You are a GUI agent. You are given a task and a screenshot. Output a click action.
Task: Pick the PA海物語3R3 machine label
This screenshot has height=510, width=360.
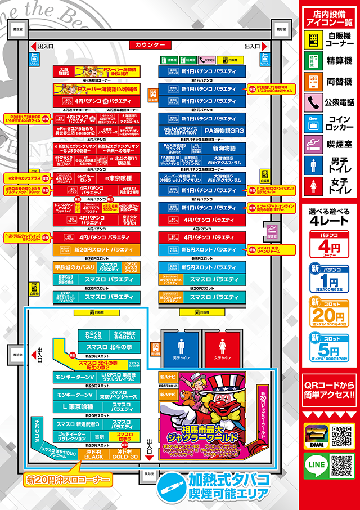click(x=217, y=130)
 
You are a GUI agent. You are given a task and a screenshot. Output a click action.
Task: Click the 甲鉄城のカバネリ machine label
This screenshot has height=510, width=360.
click(x=76, y=267)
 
